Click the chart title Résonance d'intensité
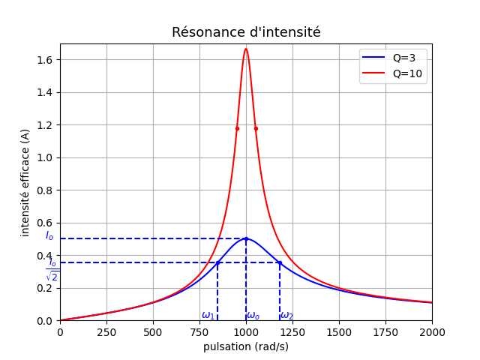tap(246, 33)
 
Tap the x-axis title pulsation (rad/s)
tap(246, 346)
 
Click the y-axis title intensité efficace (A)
tap(25, 182)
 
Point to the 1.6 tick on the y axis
tap(44, 60)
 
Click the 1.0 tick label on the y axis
tap(44, 157)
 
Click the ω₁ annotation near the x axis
tap(208, 315)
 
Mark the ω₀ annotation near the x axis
tap(253, 315)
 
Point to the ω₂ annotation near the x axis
tap(287, 315)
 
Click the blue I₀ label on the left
tap(49, 235)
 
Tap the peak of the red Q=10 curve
tap(246, 49)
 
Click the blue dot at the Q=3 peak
tap(246, 238)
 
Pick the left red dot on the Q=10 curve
tap(237, 128)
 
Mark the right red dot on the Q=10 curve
tap(256, 128)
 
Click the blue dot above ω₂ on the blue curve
tap(280, 262)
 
